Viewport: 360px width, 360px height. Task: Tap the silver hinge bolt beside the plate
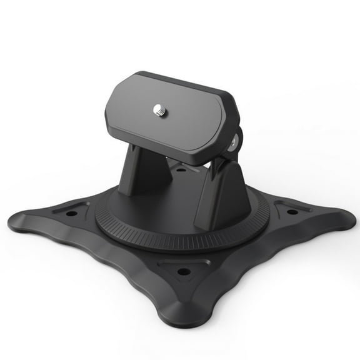click(x=232, y=143)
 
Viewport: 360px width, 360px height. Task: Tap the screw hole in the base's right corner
click(x=292, y=211)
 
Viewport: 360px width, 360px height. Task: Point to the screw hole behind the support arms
click(x=181, y=169)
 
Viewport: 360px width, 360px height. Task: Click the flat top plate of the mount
click(x=181, y=119)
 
